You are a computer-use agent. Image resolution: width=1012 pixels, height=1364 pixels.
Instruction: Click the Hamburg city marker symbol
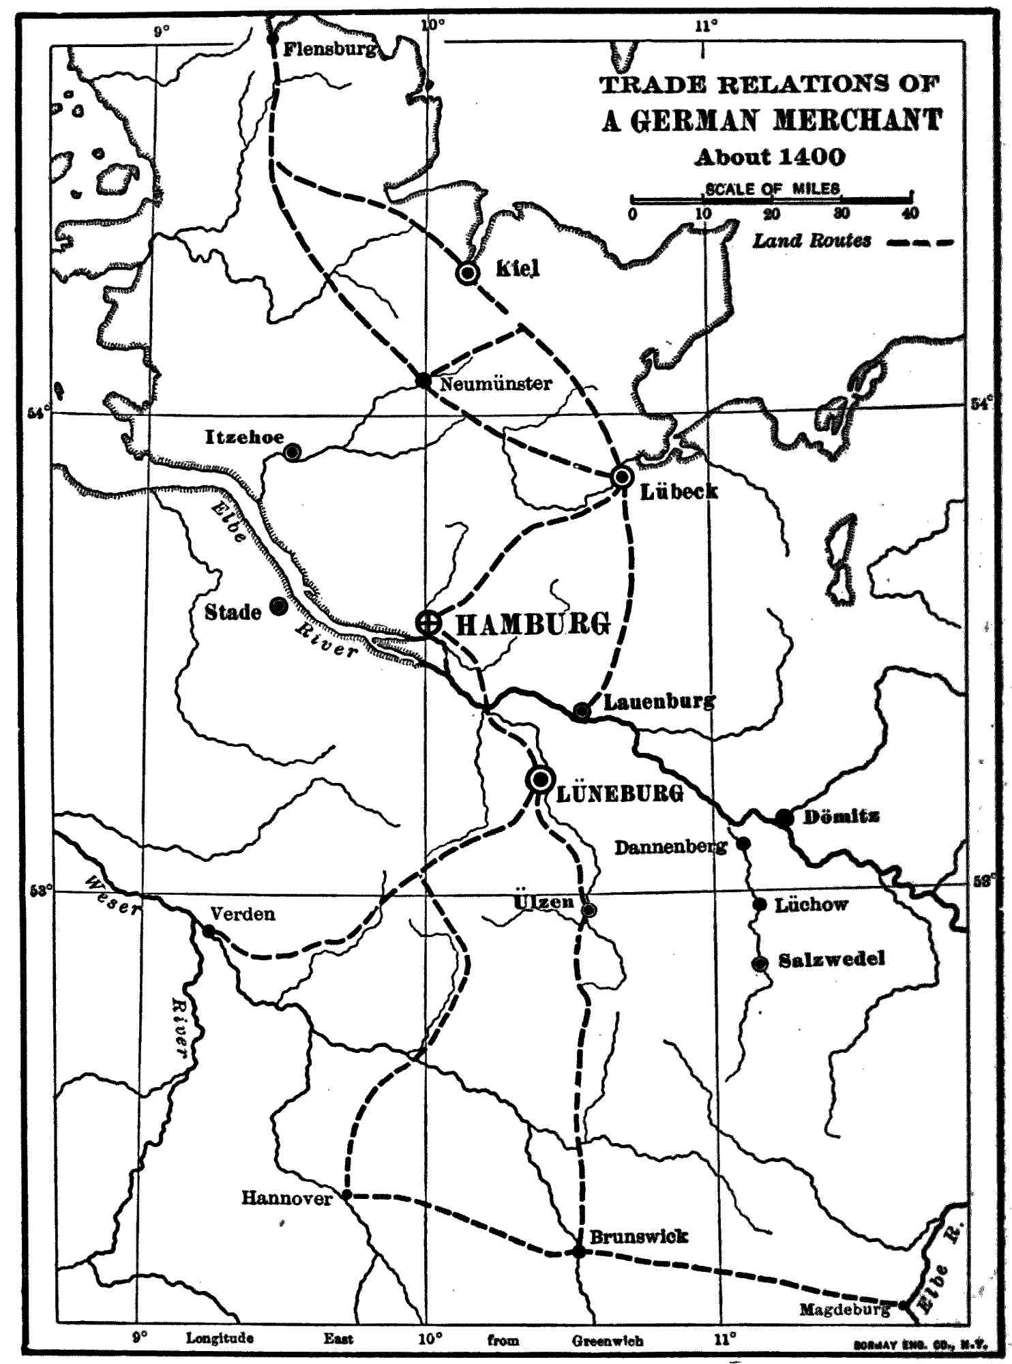[428, 621]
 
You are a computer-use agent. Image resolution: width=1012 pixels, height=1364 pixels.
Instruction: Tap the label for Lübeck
[679, 491]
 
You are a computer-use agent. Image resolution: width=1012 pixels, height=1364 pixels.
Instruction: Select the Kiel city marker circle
[468, 273]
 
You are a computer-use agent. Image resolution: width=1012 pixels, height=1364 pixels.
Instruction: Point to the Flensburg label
[329, 48]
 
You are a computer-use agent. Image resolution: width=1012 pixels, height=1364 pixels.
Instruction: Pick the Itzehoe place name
[244, 437]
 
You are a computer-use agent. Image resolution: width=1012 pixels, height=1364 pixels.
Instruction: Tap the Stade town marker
[278, 606]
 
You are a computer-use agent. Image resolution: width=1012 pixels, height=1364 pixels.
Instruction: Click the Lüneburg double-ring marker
[540, 779]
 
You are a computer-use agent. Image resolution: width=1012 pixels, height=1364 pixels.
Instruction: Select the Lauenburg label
[659, 700]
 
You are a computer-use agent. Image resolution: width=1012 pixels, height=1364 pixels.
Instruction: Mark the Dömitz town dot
[784, 817]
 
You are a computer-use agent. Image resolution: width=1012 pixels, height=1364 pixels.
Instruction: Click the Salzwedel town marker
[759, 964]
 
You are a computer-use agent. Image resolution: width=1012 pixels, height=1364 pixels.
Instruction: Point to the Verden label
[243, 914]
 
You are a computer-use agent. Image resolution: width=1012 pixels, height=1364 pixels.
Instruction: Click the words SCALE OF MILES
[772, 188]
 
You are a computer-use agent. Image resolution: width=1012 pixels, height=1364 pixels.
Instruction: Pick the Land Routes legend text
[812, 241]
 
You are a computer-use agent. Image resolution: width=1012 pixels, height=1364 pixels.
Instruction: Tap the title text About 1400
[770, 157]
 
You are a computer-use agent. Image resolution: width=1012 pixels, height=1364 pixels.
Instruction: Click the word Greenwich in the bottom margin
[608, 1340]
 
